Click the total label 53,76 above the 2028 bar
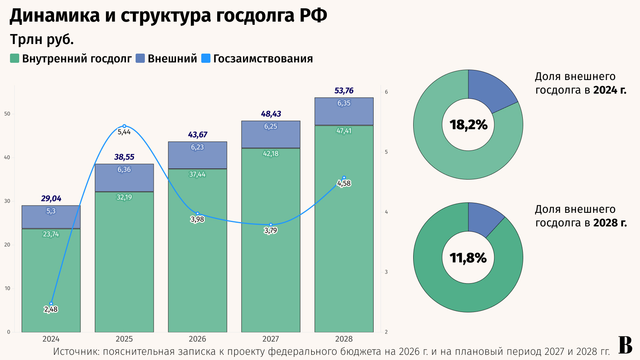(x=344, y=91)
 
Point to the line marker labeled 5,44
(x=124, y=126)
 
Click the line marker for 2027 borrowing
(x=271, y=225)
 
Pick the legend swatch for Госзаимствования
(x=205, y=58)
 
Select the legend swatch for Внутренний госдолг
(x=14, y=58)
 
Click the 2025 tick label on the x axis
(x=124, y=339)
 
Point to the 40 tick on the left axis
(x=7, y=158)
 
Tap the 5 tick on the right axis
(x=386, y=152)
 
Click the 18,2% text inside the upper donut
(x=468, y=125)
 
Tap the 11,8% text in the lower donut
(x=468, y=258)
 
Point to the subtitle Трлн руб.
(x=42, y=40)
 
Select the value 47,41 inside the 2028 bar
(x=344, y=131)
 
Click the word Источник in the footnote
(x=76, y=352)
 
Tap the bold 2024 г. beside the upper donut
(x=610, y=90)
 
